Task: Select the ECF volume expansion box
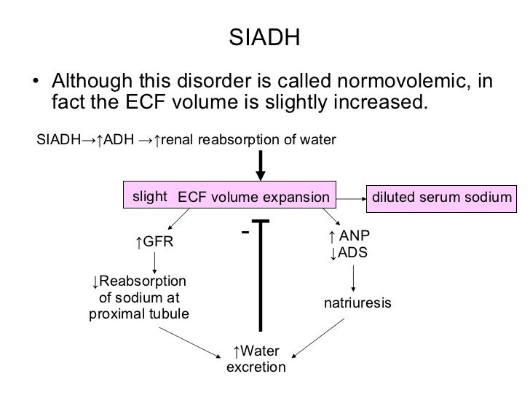pos(253,197)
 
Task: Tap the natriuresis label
pos(357,302)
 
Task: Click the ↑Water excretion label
pos(256,359)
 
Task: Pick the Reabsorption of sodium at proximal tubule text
pos(139,298)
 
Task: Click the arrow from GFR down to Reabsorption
pos(154,261)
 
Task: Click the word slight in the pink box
pos(149,196)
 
